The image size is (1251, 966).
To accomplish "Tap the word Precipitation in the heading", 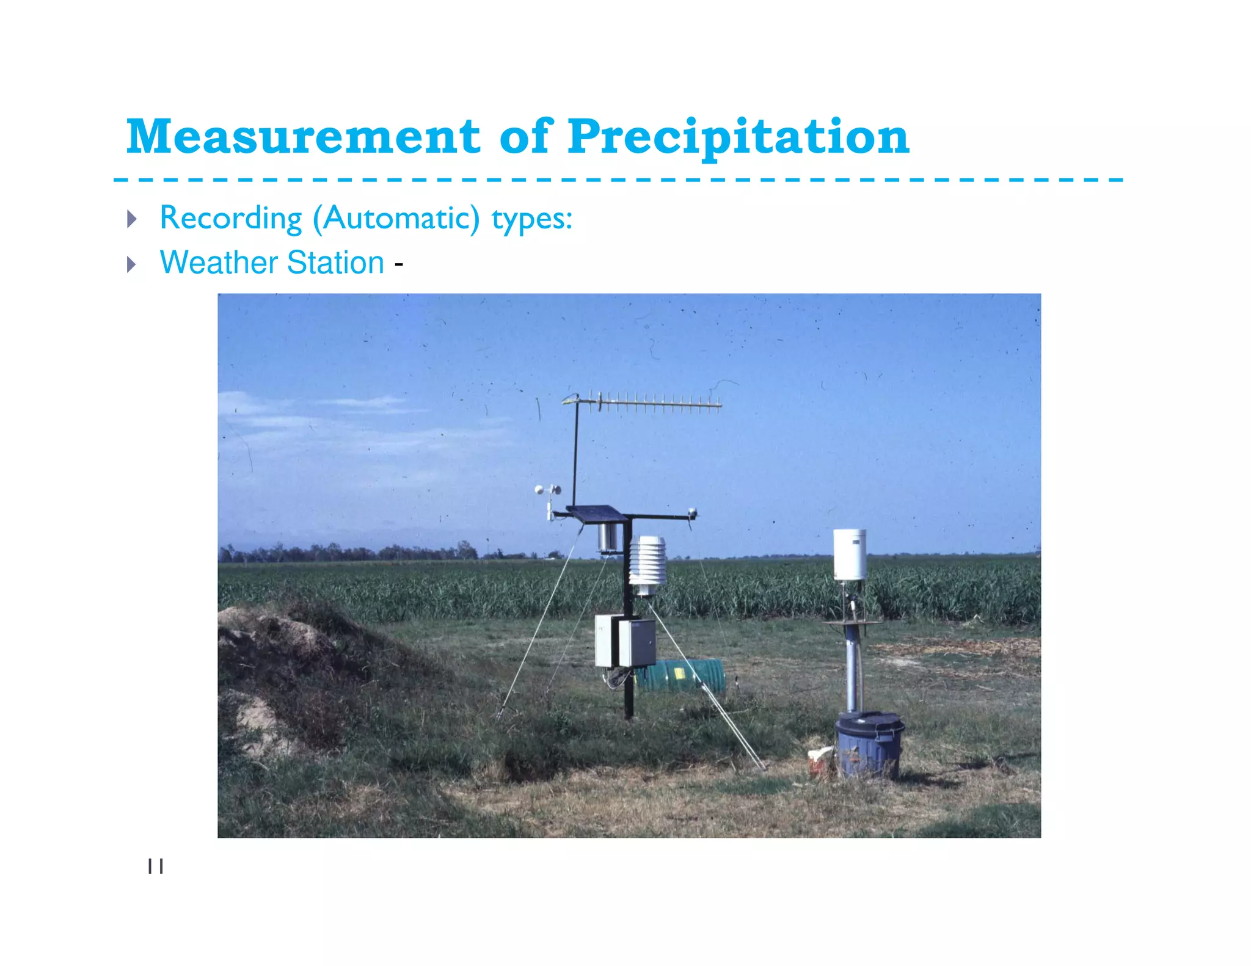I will (x=738, y=137).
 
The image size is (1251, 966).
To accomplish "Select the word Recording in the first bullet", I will (x=231, y=218).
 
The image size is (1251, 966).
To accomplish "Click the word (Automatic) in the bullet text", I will (x=396, y=218).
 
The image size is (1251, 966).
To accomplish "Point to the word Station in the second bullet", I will (x=335, y=263).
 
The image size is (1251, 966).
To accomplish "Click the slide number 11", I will (x=156, y=866).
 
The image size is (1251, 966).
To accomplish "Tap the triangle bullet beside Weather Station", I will (x=131, y=264).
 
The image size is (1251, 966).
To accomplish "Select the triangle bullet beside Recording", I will (x=131, y=219).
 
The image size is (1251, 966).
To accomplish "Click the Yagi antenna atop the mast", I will (x=647, y=402).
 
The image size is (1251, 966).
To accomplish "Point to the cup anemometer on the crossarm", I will (x=548, y=490).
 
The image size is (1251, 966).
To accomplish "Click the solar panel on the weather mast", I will (x=596, y=514).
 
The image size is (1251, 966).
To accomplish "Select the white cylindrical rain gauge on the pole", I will (x=850, y=554).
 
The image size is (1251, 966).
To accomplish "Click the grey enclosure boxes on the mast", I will (x=625, y=641).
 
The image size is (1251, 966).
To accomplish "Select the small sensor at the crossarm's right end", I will (x=692, y=513).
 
